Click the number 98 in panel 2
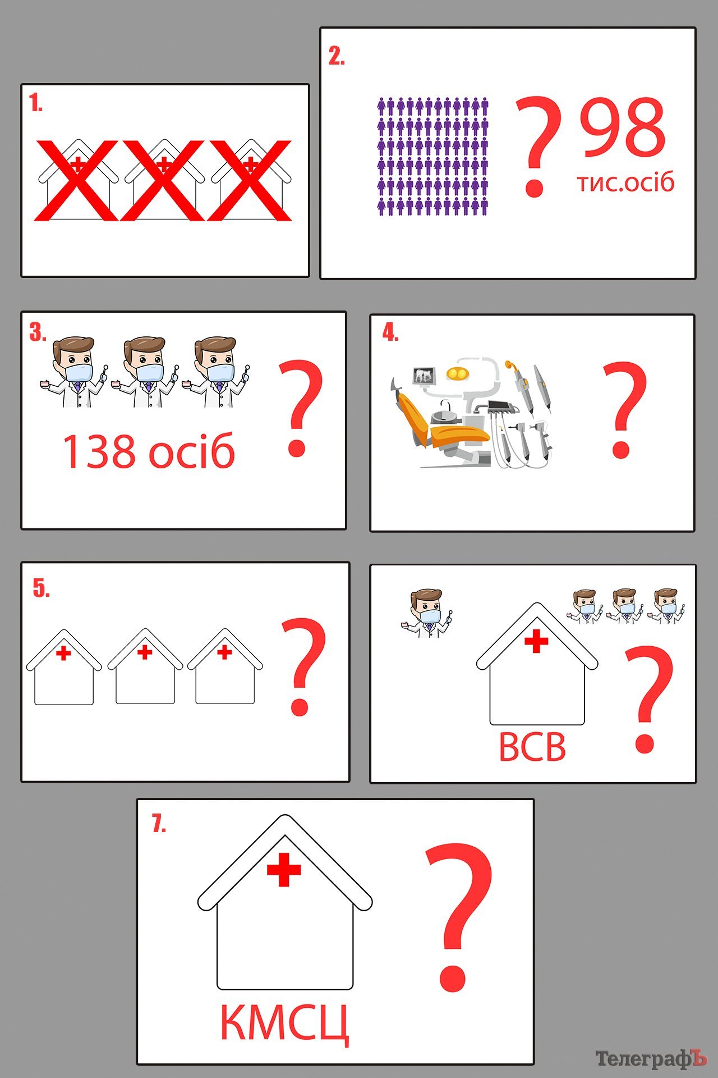point(623,127)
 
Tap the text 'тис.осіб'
point(625,182)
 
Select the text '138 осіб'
point(149,451)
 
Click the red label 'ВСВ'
point(532,747)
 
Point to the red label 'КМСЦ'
point(284,1024)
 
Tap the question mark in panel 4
point(624,410)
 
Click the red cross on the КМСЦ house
point(284,870)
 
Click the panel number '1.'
point(36,103)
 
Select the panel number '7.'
point(159,824)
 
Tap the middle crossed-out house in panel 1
point(163,180)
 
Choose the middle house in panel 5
point(145,666)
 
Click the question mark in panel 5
point(303,667)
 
